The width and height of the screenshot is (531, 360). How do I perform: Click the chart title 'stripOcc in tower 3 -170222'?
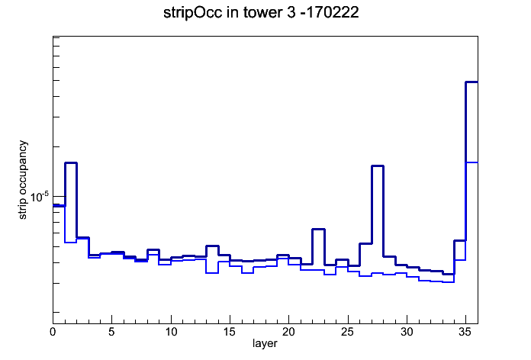(261, 13)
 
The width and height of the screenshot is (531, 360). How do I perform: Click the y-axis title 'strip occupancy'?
(23, 180)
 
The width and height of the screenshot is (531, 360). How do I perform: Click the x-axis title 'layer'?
(265, 343)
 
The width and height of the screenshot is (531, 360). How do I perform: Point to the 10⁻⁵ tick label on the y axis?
(40, 197)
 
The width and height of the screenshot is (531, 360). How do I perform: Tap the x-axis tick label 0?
(53, 332)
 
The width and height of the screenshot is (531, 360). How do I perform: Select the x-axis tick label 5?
(111, 332)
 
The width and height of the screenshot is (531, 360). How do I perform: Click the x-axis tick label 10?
(171, 332)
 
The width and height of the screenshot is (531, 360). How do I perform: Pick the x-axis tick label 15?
(230, 332)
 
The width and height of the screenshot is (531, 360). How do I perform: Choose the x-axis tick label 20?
(288, 332)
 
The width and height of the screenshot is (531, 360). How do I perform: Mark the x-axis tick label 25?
(348, 332)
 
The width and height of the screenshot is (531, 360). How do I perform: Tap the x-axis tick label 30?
(407, 332)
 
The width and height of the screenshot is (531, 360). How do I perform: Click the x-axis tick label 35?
(465, 332)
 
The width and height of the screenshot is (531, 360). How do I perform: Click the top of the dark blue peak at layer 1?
(71, 163)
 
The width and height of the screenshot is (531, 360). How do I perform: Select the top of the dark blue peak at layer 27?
(377, 166)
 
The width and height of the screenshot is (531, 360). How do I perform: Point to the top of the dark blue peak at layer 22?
(318, 230)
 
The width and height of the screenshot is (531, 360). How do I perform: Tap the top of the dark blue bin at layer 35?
(471, 82)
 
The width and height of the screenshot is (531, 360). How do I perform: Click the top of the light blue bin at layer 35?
(471, 162)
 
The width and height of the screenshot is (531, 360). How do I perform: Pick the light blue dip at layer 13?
(212, 273)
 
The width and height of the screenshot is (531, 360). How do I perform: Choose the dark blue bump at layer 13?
(212, 246)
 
